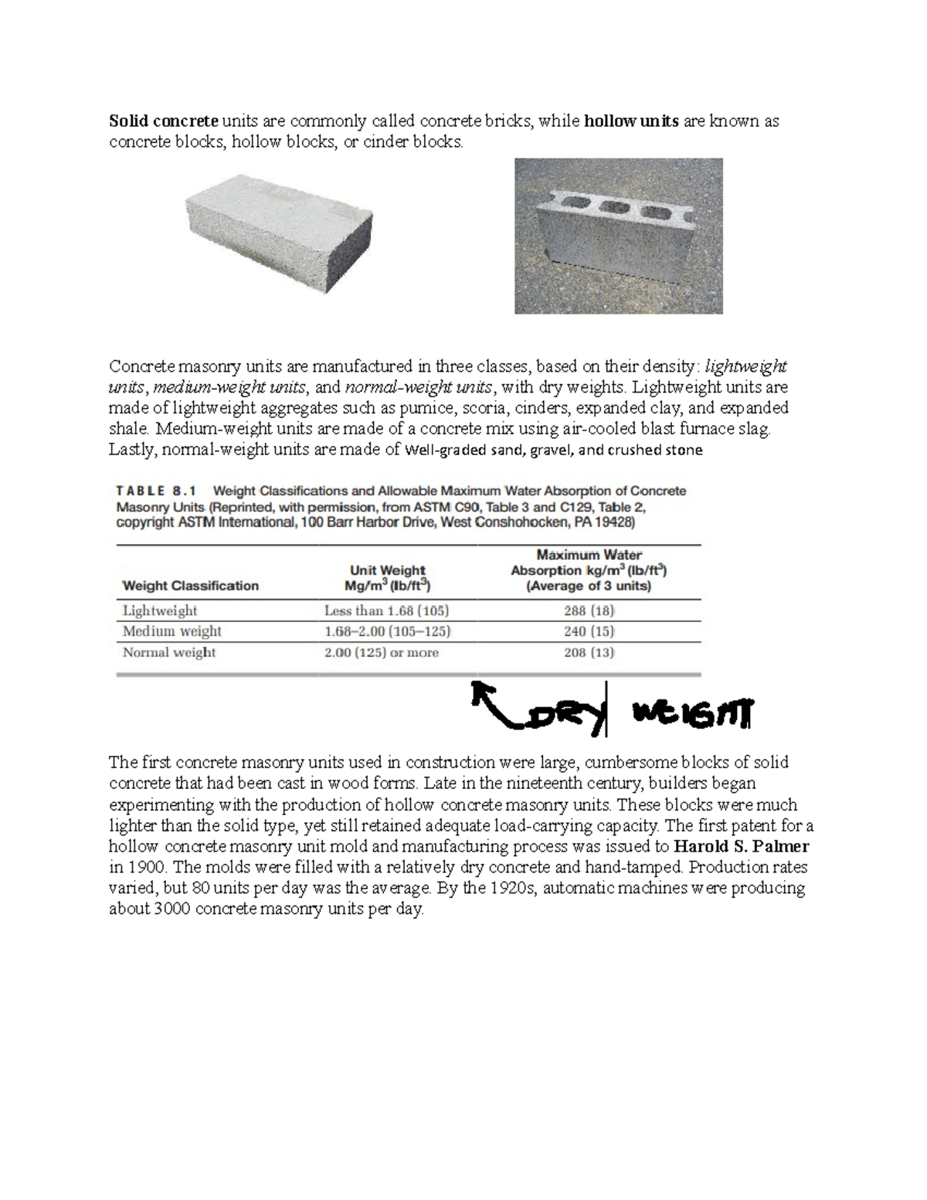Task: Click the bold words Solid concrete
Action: pyautogui.click(x=164, y=121)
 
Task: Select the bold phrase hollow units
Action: pyautogui.click(x=631, y=121)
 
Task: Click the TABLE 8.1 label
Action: pyautogui.click(x=157, y=491)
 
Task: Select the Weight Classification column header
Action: pyautogui.click(x=191, y=586)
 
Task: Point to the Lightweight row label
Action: pyautogui.click(x=160, y=610)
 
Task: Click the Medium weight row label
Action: pyautogui.click(x=171, y=631)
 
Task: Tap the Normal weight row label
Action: pyautogui.click(x=169, y=652)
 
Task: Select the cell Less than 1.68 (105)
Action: pyautogui.click(x=386, y=610)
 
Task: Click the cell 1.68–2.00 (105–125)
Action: pyautogui.click(x=387, y=631)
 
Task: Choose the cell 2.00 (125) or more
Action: pyautogui.click(x=381, y=652)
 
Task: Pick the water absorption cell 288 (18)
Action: pyautogui.click(x=589, y=610)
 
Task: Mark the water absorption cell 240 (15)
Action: pyautogui.click(x=589, y=631)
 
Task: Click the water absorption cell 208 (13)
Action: pyautogui.click(x=589, y=652)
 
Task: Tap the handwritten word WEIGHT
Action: pyautogui.click(x=691, y=715)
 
